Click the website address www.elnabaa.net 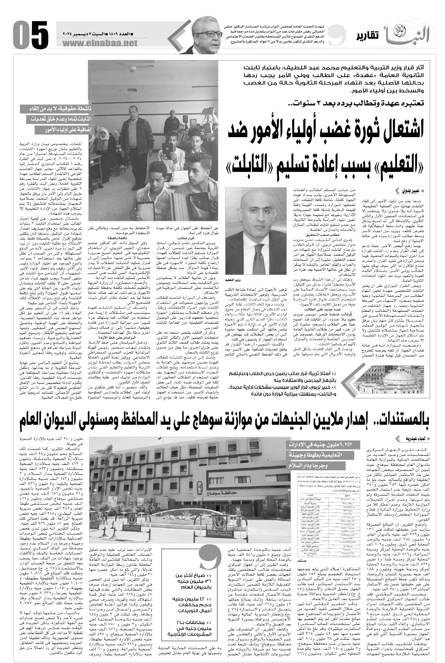coord(100,43)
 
